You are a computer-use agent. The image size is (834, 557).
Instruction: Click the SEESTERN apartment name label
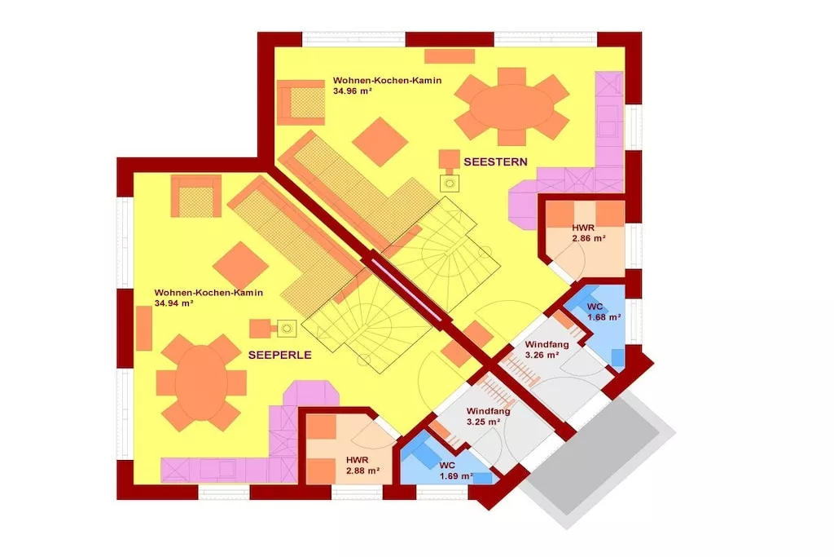[x=495, y=162]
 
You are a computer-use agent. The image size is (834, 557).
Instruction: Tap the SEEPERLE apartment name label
[x=280, y=356]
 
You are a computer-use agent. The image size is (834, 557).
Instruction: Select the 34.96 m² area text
[x=352, y=91]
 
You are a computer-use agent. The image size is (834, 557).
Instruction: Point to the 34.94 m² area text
[x=173, y=303]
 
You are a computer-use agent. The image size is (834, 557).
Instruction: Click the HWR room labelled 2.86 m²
[x=588, y=233]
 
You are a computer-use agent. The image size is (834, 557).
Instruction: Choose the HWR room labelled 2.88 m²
[x=362, y=466]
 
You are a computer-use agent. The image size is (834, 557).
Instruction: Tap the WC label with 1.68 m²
[x=604, y=312]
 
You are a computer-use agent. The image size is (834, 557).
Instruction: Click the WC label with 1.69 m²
[x=456, y=471]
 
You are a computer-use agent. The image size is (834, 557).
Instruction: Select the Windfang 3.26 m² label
[x=546, y=350]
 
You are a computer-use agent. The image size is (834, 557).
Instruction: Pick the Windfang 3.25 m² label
[x=489, y=417]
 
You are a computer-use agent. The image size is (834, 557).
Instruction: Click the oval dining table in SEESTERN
[x=511, y=107]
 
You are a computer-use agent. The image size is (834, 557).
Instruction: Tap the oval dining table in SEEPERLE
[x=202, y=382]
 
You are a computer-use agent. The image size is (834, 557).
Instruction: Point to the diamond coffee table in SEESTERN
[x=380, y=142]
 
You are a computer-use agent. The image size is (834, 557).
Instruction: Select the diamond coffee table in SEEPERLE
[x=240, y=266]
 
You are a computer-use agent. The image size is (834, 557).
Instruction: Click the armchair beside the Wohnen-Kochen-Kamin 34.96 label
[x=301, y=102]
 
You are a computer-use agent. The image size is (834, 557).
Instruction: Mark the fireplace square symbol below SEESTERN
[x=450, y=183]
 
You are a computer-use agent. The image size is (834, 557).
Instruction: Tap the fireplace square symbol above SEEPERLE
[x=287, y=329]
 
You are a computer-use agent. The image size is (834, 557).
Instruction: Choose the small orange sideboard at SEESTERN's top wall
[x=450, y=56]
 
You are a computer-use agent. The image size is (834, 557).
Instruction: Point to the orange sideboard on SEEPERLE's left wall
[x=144, y=329]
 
